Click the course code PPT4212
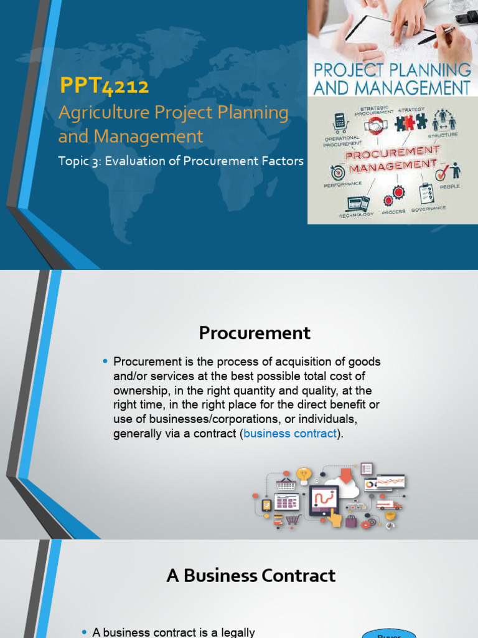[103, 86]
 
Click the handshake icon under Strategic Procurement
[375, 127]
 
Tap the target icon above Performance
[338, 172]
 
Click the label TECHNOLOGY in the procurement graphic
[356, 214]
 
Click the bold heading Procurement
[255, 333]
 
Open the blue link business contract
[290, 434]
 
